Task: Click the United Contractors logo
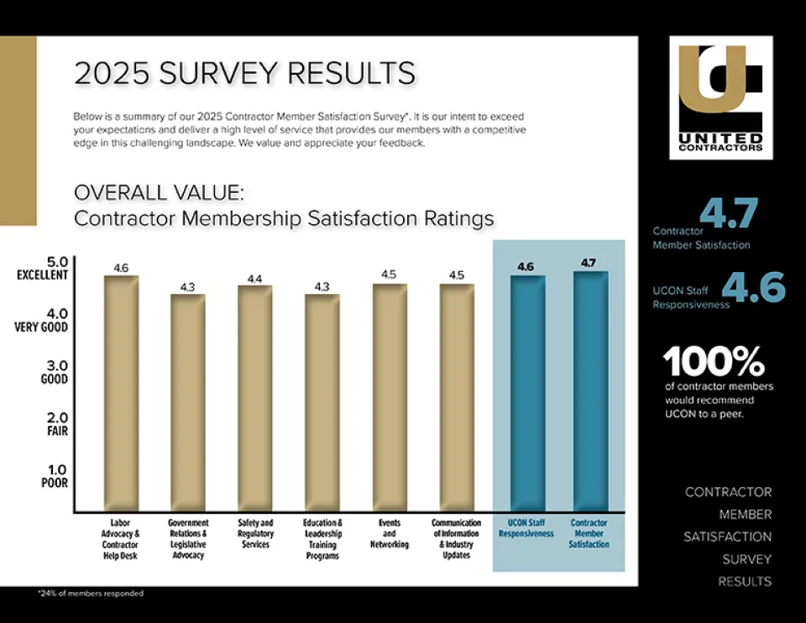tap(720, 97)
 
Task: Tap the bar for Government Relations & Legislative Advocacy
tap(187, 402)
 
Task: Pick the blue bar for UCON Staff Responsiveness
tap(527, 393)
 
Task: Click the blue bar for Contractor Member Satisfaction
tap(590, 390)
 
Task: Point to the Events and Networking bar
tap(390, 397)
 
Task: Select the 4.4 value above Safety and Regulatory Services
tap(254, 278)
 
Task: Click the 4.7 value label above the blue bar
tap(589, 263)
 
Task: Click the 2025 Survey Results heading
tap(244, 73)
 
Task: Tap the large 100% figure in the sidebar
tap(714, 362)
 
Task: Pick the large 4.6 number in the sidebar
tap(753, 289)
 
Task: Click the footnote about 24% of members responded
tap(91, 594)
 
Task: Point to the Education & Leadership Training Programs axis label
tap(322, 538)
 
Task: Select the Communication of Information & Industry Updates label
tap(456, 538)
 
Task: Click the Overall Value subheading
tap(160, 192)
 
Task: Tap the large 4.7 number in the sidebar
tap(728, 212)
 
